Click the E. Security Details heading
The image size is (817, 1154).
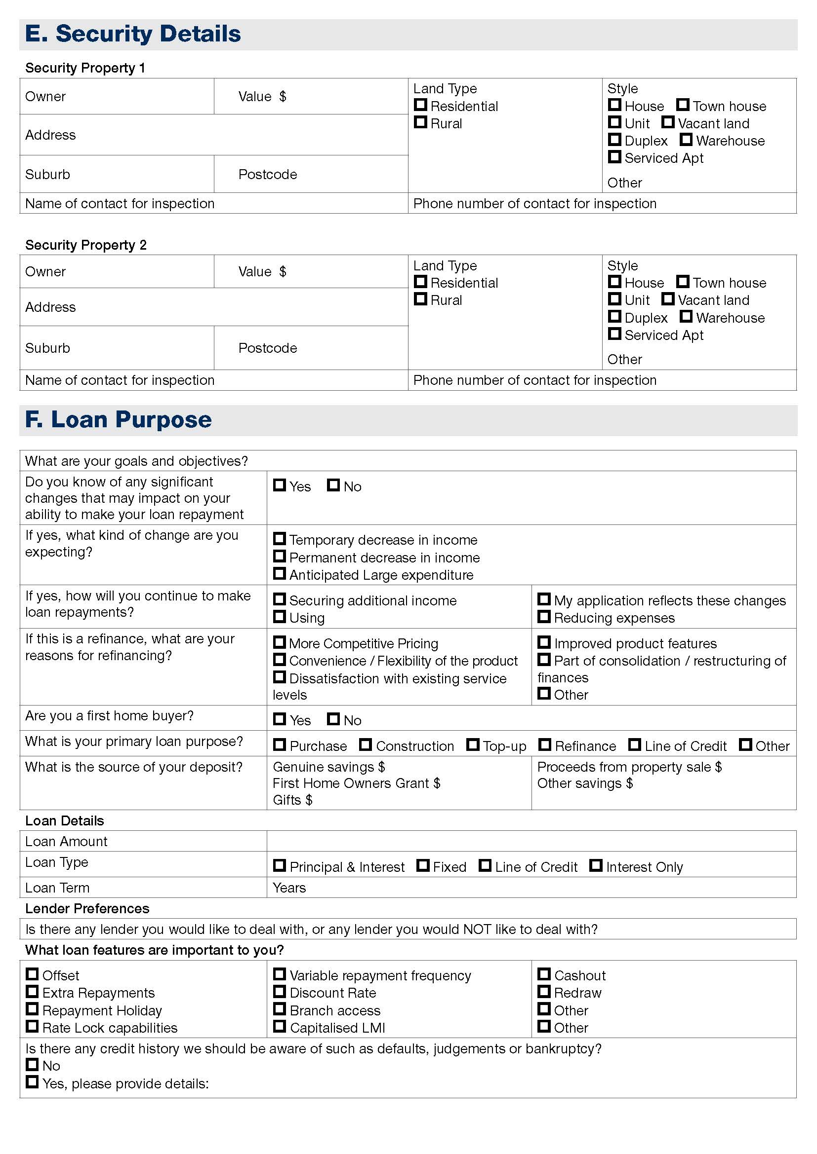[x=133, y=34]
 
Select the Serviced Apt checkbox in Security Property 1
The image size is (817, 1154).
[x=614, y=157]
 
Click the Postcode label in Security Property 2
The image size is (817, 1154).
[x=267, y=348]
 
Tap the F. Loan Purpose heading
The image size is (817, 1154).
[x=118, y=420]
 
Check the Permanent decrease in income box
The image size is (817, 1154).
[x=279, y=556]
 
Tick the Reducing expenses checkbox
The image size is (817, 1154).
[x=543, y=616]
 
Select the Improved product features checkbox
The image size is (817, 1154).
[x=543, y=642]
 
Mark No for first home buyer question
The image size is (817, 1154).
[x=333, y=719]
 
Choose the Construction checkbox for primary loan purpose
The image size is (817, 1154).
[x=365, y=745]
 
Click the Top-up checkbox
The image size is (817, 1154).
[x=472, y=745]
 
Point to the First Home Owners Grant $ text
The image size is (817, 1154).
[x=356, y=783]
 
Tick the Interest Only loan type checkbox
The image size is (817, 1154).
[x=596, y=865]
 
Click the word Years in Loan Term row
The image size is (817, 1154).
[x=289, y=888]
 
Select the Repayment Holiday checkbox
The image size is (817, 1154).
[x=32, y=1009]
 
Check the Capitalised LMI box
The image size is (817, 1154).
[x=279, y=1026]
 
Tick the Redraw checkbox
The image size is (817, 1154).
[x=543, y=991]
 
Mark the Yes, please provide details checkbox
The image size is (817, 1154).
[x=32, y=1081]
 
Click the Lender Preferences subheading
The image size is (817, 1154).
[x=87, y=908]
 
